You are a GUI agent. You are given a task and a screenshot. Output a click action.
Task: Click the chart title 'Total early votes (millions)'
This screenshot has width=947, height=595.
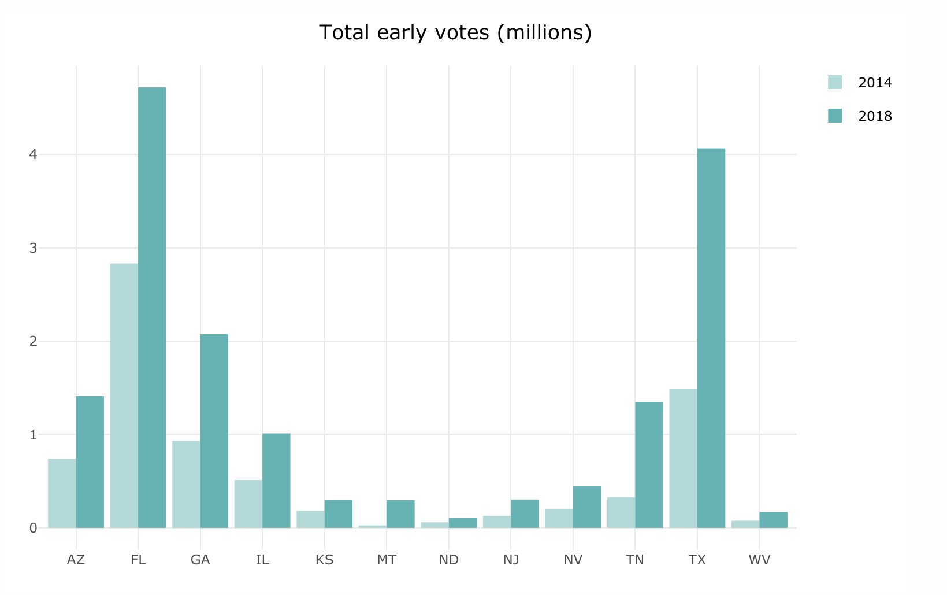point(455,33)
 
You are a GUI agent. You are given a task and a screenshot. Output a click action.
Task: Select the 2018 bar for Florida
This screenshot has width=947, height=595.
point(152,307)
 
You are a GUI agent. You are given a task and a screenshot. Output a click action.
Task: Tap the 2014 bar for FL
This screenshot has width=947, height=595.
point(124,396)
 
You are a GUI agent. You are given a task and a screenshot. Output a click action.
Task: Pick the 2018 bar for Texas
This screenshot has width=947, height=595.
point(711,338)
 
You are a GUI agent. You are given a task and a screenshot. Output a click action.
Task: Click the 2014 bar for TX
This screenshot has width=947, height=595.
point(683,458)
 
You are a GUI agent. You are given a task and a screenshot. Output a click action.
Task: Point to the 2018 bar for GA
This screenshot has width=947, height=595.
point(214,431)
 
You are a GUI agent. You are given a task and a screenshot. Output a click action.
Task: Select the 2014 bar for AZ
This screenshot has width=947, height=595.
point(62,493)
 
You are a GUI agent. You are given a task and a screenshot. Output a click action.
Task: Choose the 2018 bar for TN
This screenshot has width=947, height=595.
point(649,465)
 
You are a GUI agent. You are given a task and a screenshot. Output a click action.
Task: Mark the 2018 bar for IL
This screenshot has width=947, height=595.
point(276,481)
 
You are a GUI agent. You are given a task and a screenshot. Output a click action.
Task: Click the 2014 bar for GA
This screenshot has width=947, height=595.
point(186,484)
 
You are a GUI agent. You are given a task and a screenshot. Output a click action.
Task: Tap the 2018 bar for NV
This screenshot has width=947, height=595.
point(587,507)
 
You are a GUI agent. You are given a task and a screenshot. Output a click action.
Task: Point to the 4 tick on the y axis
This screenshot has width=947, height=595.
point(33,154)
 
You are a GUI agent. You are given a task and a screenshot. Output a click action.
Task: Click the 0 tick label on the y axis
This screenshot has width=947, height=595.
point(33,528)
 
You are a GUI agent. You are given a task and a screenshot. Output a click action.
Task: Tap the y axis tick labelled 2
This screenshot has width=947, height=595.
point(33,341)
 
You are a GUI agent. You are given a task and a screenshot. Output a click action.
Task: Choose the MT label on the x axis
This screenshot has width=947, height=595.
point(387,560)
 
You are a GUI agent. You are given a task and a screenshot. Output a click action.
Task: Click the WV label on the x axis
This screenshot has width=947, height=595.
point(759,560)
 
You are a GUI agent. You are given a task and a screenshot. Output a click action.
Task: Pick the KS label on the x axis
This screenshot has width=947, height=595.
point(325,560)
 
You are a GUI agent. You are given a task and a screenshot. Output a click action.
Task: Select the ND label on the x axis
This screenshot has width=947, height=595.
point(449,560)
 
